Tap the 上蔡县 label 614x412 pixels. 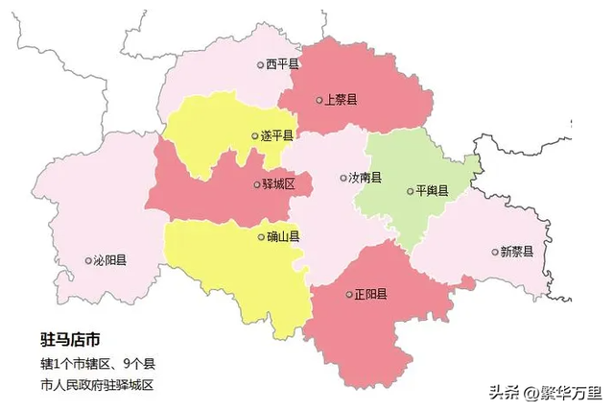tap(342, 100)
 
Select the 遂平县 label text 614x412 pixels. tap(278, 136)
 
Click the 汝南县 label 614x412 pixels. tap(366, 178)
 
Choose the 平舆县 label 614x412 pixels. tap(433, 191)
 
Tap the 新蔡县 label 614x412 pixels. tap(517, 253)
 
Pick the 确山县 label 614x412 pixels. tap(284, 236)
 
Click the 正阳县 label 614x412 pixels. tap(371, 294)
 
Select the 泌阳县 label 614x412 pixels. tap(112, 260)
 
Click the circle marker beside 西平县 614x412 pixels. tap(260, 65)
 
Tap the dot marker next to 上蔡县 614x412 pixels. tap(319, 100)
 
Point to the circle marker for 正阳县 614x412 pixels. tap(349, 295)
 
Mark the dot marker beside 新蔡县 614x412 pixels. tap(495, 253)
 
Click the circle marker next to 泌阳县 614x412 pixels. tap(89, 261)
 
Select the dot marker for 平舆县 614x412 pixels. tap(410, 191)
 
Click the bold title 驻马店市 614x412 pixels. tap(70, 341)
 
